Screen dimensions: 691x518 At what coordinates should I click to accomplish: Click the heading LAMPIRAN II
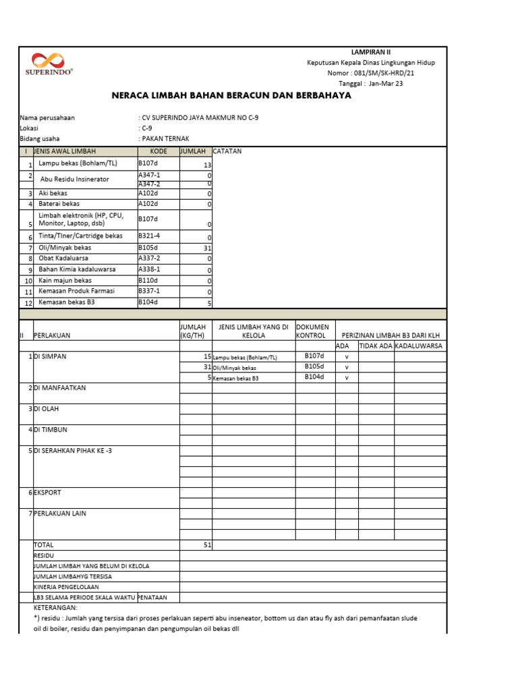coord(370,52)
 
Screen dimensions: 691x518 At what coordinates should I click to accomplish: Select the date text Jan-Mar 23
coord(387,84)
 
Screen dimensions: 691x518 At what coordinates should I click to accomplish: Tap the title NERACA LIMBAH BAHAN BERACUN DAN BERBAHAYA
coord(231,96)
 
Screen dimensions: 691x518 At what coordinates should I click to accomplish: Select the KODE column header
coord(158,151)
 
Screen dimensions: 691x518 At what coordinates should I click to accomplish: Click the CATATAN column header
coord(227,151)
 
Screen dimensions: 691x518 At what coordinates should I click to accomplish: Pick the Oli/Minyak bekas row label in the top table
coord(65,248)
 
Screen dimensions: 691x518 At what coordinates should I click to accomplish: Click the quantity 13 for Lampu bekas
coord(207,165)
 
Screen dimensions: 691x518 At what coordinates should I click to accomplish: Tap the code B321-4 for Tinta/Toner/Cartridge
coord(149,236)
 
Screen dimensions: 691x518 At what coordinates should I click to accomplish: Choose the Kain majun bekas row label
coord(65,280)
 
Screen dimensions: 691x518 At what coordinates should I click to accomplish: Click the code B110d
coord(148,280)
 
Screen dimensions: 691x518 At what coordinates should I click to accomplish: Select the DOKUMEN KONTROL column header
coord(311,331)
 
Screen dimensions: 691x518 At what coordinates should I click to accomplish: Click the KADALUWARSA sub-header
coord(418,345)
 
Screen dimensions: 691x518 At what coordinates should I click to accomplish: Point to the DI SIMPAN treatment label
coord(50,356)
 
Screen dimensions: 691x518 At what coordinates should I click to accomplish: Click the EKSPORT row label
coord(47,493)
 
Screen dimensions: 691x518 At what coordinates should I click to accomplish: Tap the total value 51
coord(207,545)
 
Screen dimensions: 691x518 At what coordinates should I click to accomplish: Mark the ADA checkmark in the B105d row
coord(347,367)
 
